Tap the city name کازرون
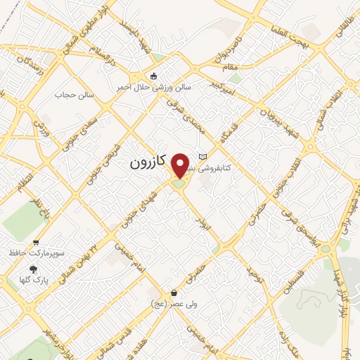point(148,162)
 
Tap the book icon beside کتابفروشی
point(203,156)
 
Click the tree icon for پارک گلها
point(33,269)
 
